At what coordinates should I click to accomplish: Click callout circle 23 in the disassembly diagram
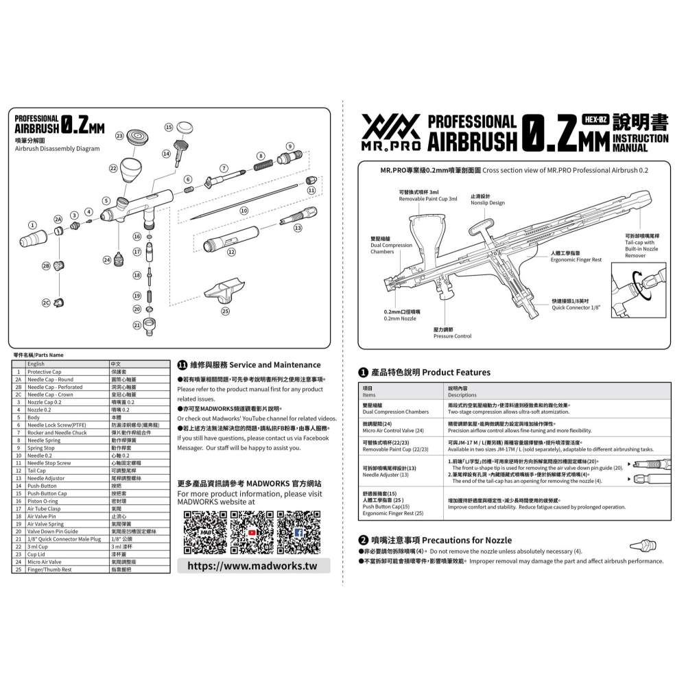point(120,136)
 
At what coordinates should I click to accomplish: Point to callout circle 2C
point(47,303)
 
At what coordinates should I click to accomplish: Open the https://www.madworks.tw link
point(252,566)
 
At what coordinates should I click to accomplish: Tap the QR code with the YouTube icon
point(252,532)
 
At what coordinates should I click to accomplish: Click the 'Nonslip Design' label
point(488,203)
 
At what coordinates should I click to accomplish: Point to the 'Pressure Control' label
point(452,336)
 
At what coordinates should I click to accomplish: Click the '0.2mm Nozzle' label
point(400,319)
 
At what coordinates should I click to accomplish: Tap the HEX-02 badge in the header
point(595,119)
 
